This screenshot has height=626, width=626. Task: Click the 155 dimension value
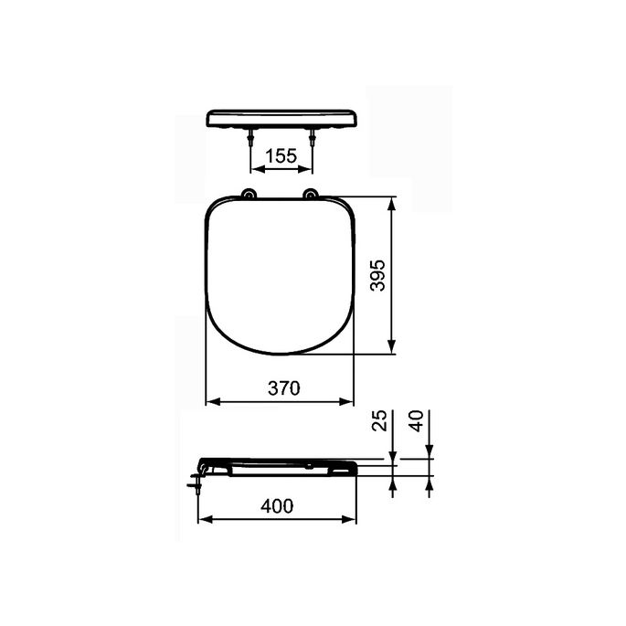[281, 156]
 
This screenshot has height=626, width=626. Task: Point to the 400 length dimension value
[275, 505]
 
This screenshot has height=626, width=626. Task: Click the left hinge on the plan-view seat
[249, 193]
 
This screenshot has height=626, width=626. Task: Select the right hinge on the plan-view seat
[312, 193]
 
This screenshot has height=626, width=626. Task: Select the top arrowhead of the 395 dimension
[392, 202]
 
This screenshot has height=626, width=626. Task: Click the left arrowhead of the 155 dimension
[255, 170]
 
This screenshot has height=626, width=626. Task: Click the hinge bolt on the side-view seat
[196, 479]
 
